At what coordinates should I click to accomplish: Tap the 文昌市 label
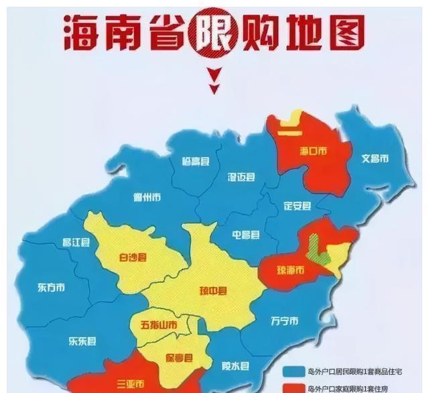(375, 159)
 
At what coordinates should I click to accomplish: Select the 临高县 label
(196, 162)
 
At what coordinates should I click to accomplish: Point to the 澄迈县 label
(241, 177)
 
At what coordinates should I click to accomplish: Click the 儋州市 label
(147, 197)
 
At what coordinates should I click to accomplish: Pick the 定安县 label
(297, 205)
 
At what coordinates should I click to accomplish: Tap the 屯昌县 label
(246, 235)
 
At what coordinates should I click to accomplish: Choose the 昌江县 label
(76, 243)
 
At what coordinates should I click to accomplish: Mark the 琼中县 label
(213, 290)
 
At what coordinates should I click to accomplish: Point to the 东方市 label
(52, 287)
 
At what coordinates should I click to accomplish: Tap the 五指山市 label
(159, 326)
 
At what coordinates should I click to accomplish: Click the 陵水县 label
(235, 366)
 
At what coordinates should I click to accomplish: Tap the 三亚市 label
(131, 384)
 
